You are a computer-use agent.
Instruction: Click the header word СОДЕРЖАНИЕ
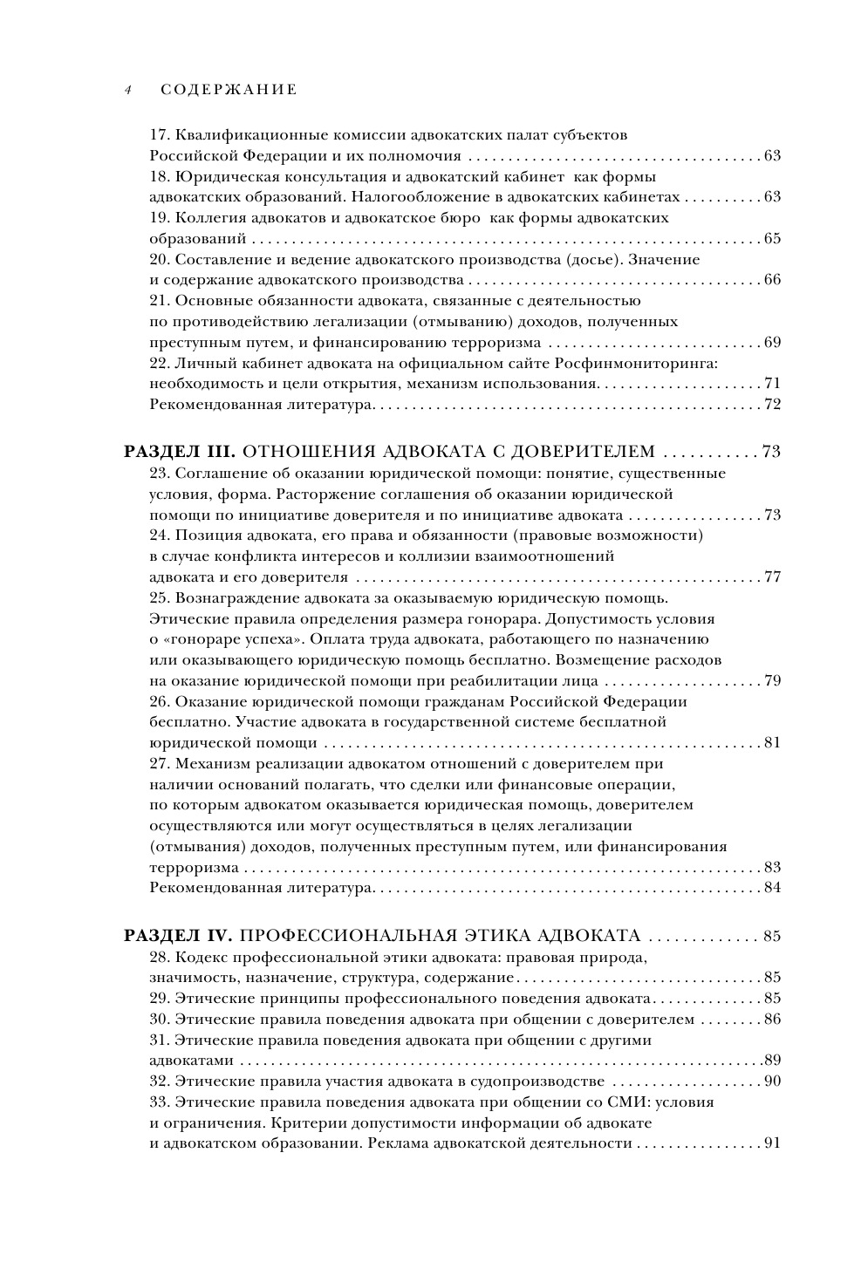[x=229, y=90]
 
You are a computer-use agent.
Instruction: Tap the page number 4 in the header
[x=127, y=90]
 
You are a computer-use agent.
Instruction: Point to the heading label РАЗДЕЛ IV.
[x=179, y=937]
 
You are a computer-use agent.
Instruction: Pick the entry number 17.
[x=159, y=136]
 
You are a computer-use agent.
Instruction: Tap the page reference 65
[x=772, y=239]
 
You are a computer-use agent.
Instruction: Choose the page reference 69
[x=772, y=343]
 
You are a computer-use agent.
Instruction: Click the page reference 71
[x=772, y=384]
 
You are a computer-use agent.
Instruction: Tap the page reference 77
[x=772, y=577]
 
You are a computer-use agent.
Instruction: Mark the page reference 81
[x=772, y=743]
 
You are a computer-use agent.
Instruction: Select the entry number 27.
[x=159, y=764]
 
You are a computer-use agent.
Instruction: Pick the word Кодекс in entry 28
[x=202, y=958]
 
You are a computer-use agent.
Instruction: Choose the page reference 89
[x=772, y=1061]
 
